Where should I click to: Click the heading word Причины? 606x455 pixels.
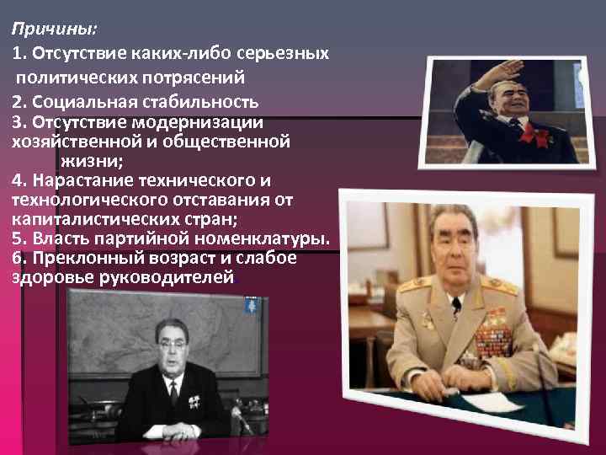(53, 29)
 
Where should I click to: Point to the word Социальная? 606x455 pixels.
(80, 102)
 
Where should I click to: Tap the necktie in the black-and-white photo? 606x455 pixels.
(175, 393)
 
